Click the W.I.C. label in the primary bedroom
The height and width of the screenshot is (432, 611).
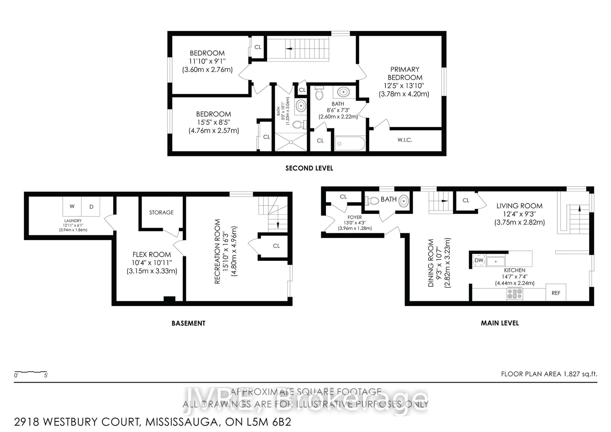click(x=405, y=140)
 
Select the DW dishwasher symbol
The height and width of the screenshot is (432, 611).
click(x=479, y=260)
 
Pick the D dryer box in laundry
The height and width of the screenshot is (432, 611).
click(x=91, y=207)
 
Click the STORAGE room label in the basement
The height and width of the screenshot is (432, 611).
click(x=161, y=212)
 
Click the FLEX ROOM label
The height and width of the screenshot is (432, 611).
click(x=152, y=255)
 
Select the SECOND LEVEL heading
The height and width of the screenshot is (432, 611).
click(x=309, y=168)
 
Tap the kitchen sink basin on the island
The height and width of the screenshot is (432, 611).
click(x=495, y=261)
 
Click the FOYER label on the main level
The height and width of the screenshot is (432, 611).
click(x=355, y=217)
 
